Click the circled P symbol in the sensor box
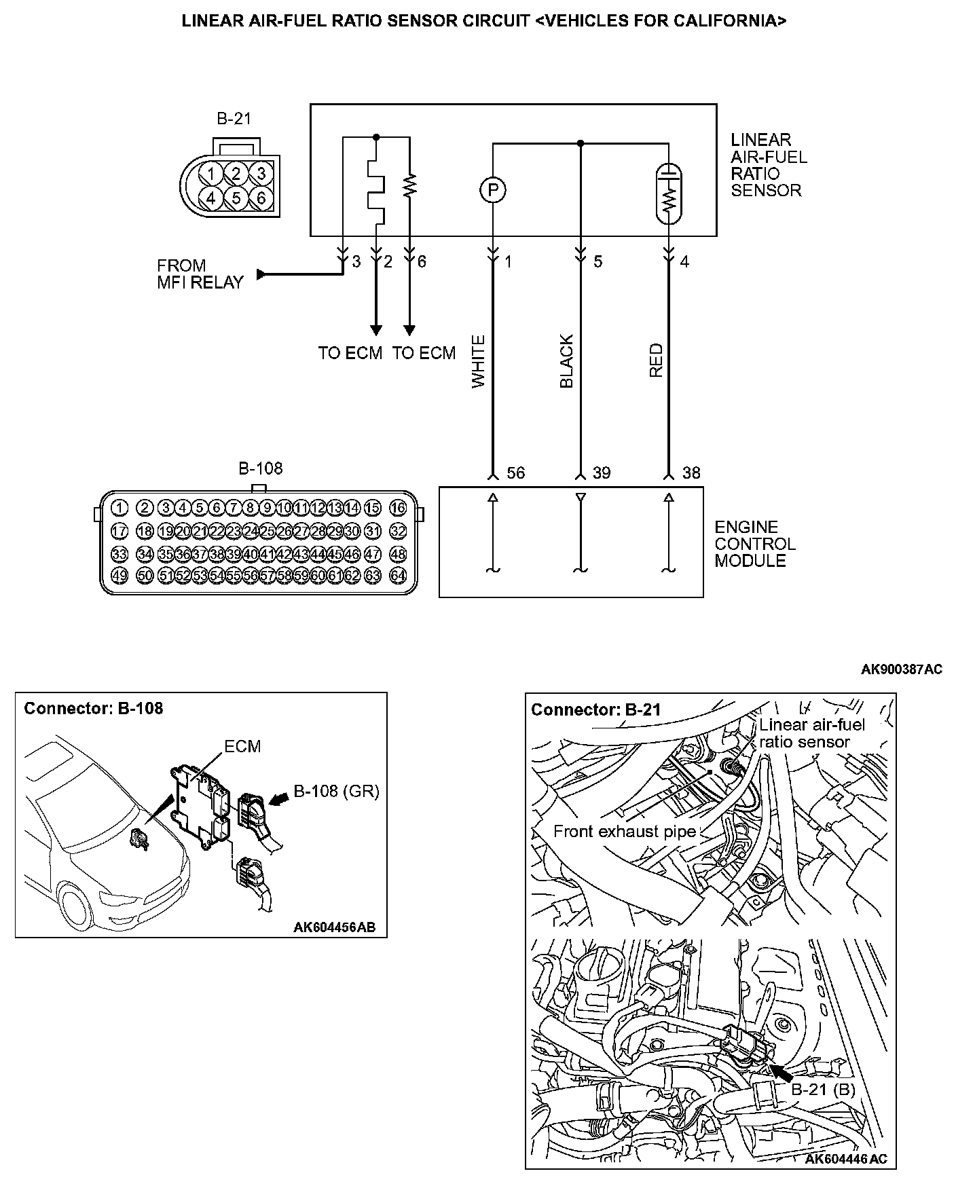click(x=494, y=189)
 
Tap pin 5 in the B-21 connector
click(x=236, y=198)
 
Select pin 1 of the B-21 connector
click(x=212, y=174)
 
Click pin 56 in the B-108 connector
click(x=250, y=575)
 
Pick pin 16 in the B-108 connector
click(x=398, y=507)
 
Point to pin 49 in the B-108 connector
click(x=119, y=575)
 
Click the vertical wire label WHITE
click(x=479, y=361)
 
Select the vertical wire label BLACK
click(x=567, y=361)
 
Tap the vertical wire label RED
click(x=656, y=361)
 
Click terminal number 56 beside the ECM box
click(x=516, y=473)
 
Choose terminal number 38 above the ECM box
click(x=691, y=473)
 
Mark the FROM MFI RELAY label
click(x=200, y=274)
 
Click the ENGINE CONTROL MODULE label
click(x=754, y=544)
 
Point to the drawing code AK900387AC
click(x=901, y=669)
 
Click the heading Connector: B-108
click(x=94, y=709)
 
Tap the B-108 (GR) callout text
click(x=336, y=791)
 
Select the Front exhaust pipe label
click(x=625, y=832)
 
